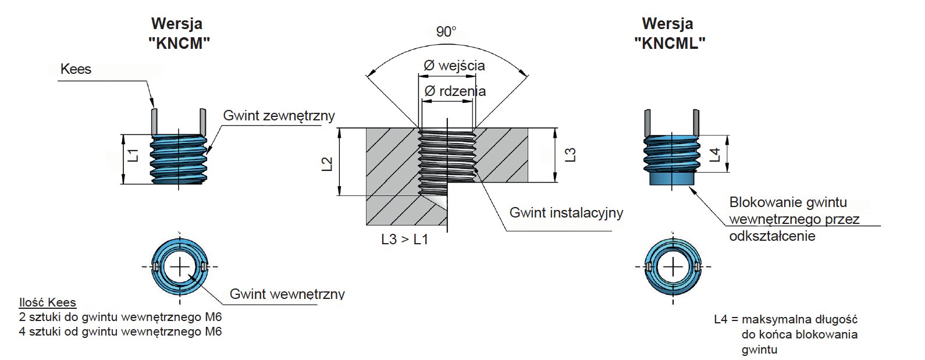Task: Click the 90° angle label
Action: click(446, 32)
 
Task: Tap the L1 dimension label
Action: click(133, 156)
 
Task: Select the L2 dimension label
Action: click(326, 164)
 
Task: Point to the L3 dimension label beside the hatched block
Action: click(570, 155)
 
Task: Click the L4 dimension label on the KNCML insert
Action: click(715, 154)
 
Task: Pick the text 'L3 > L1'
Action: click(405, 240)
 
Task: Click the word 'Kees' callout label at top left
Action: click(76, 69)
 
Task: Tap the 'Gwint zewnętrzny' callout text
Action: click(279, 116)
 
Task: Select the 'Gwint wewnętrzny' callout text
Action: click(287, 294)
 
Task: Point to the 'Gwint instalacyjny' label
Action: click(566, 213)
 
